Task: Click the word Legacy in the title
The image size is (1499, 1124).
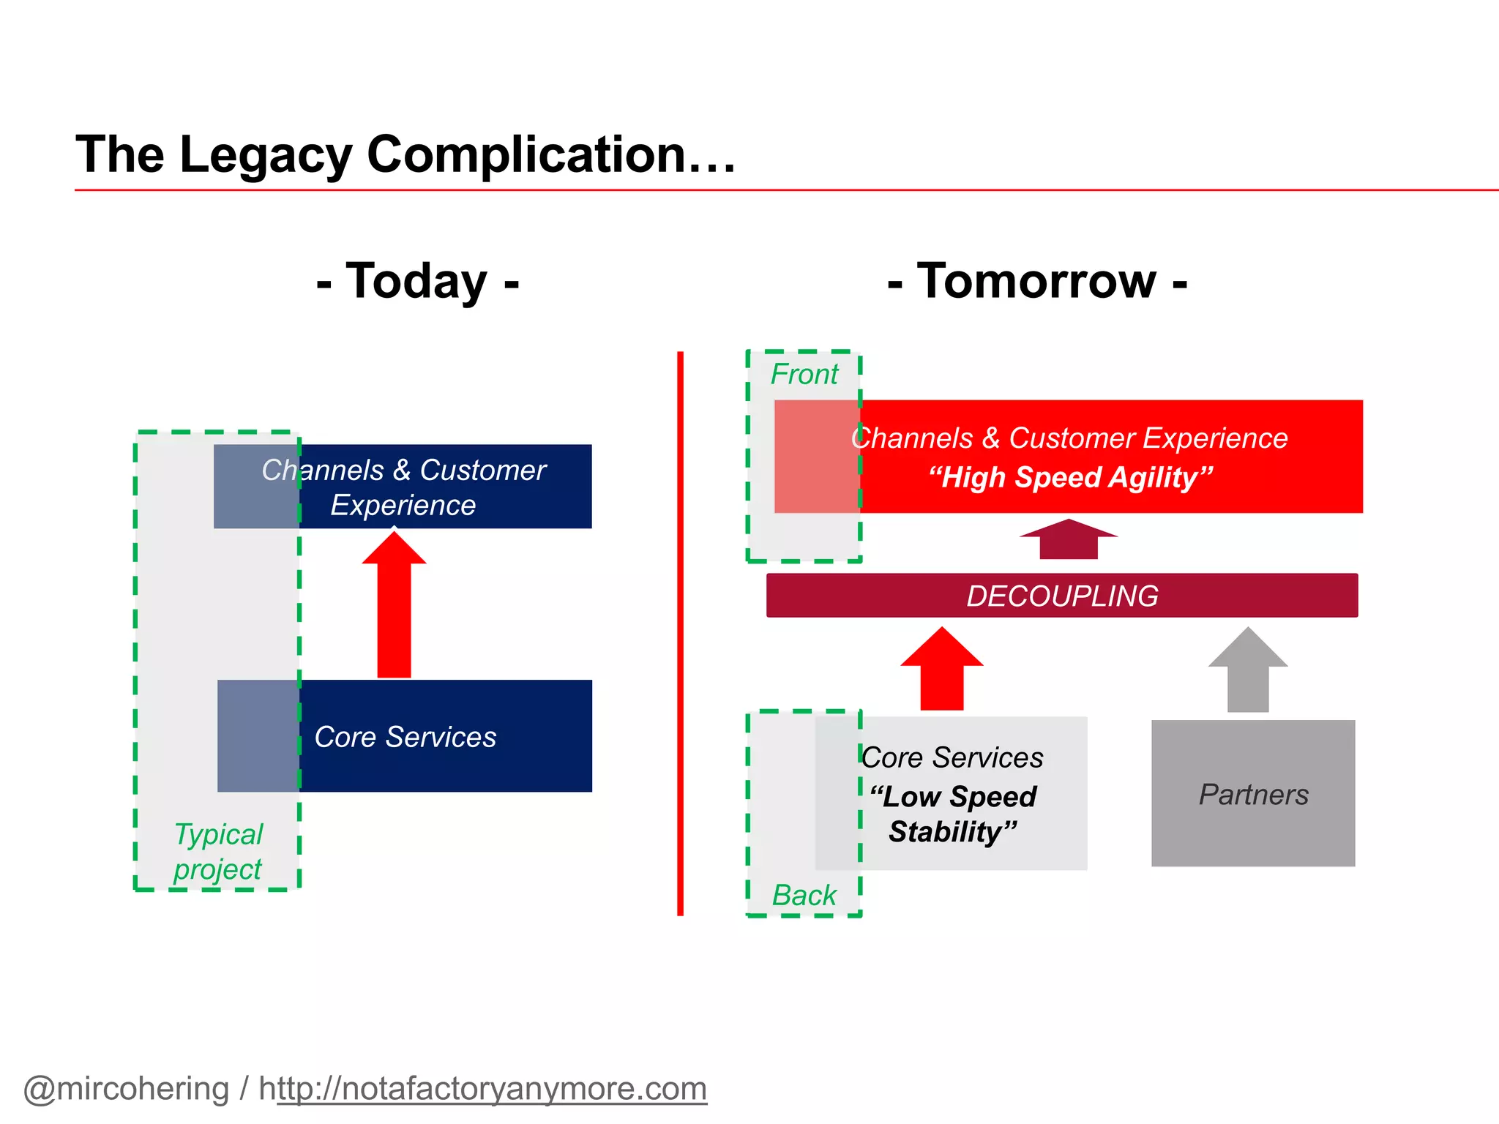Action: click(x=265, y=155)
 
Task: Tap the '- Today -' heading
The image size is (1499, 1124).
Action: click(x=417, y=281)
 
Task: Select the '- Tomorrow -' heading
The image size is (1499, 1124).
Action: click(x=1036, y=281)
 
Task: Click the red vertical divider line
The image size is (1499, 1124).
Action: click(x=680, y=634)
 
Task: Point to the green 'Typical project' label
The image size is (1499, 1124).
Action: click(x=218, y=852)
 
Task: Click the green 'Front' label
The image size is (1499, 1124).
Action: click(x=804, y=375)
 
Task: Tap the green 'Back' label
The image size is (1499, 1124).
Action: click(x=804, y=896)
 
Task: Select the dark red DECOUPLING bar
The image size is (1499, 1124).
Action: click(x=1061, y=596)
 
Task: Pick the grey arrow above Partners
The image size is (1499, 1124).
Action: click(x=1248, y=670)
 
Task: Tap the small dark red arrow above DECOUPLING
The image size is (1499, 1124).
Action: click(x=1069, y=539)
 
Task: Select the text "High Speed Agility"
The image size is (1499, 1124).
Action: click(x=1071, y=478)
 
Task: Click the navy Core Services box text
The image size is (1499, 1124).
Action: click(x=405, y=737)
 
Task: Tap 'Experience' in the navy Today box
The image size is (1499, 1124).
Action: click(x=403, y=506)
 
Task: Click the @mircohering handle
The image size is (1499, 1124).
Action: click(x=126, y=1089)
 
